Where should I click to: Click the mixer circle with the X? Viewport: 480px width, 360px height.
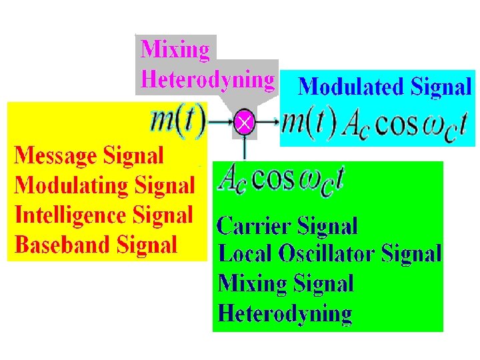(245, 123)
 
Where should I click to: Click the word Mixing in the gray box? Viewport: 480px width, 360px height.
(175, 49)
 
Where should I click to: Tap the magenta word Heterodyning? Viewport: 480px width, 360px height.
(207, 79)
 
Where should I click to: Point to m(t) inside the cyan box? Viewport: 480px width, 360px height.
(308, 123)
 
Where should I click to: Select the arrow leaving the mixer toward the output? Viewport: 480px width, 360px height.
(267, 123)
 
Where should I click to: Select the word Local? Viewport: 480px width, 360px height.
(242, 253)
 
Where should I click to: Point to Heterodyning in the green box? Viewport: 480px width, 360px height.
(285, 313)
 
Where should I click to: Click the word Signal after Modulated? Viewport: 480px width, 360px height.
(441, 87)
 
